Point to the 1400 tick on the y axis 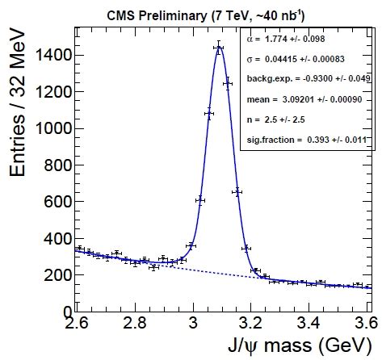coord(54,55)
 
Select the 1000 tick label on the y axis coord(54,128)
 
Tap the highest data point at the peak coord(219,48)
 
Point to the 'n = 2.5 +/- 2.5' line coord(279,119)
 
